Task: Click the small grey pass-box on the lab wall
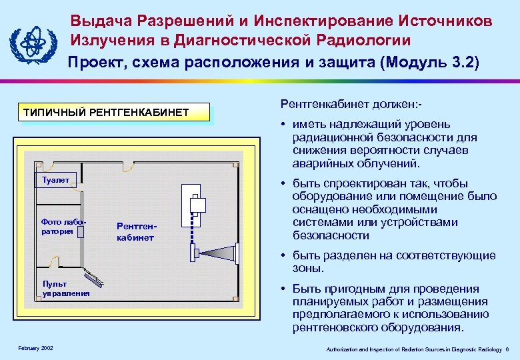pyautogui.click(x=80, y=231)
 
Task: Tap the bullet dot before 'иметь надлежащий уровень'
pyautogui.click(x=283, y=124)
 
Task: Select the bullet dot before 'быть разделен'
pyautogui.click(x=283, y=256)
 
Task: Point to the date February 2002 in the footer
pyautogui.click(x=36, y=348)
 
